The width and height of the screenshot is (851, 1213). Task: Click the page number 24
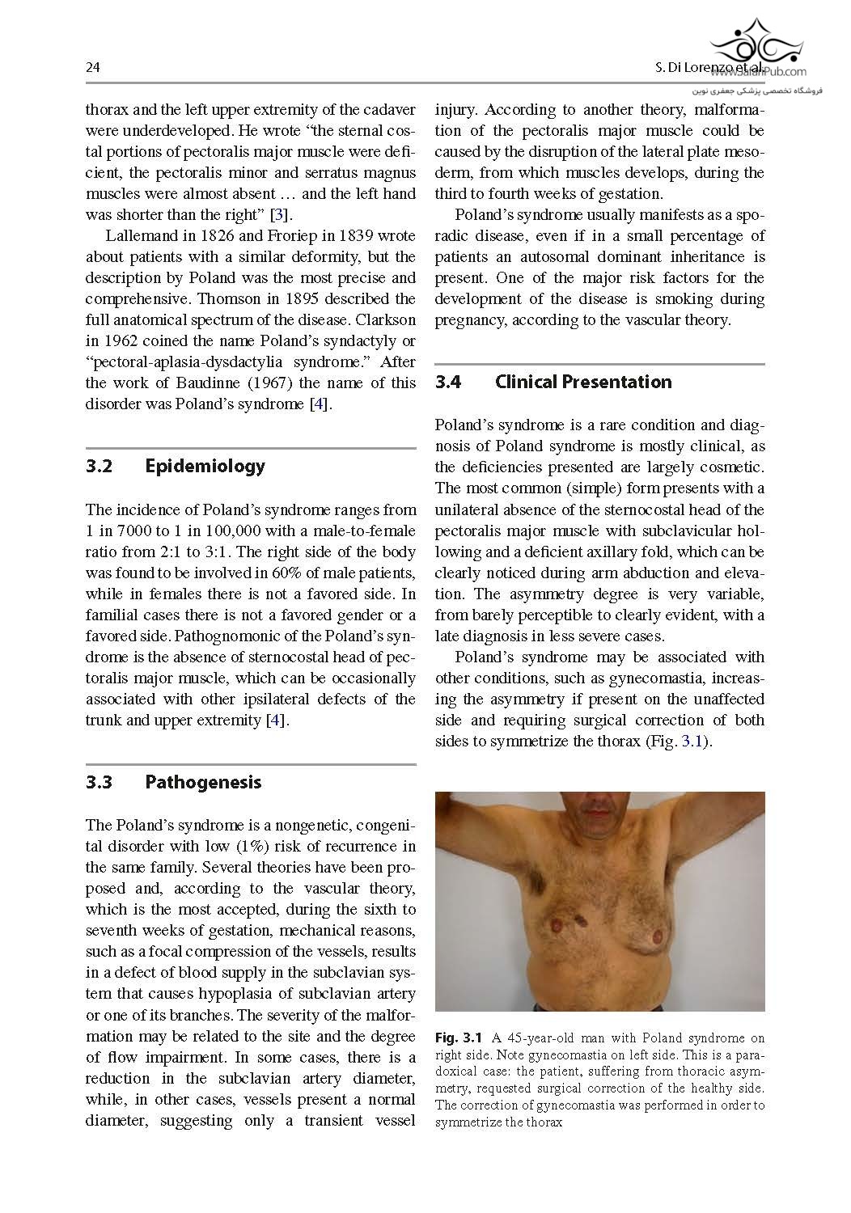coord(92,68)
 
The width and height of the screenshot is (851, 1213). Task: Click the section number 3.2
coord(99,466)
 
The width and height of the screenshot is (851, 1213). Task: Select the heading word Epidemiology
coord(205,466)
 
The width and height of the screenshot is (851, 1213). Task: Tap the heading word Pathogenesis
coord(203,782)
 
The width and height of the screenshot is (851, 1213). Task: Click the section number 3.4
coord(448,382)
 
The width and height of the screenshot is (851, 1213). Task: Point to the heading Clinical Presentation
coord(582,382)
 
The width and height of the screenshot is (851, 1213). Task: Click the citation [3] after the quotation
coord(280,215)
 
